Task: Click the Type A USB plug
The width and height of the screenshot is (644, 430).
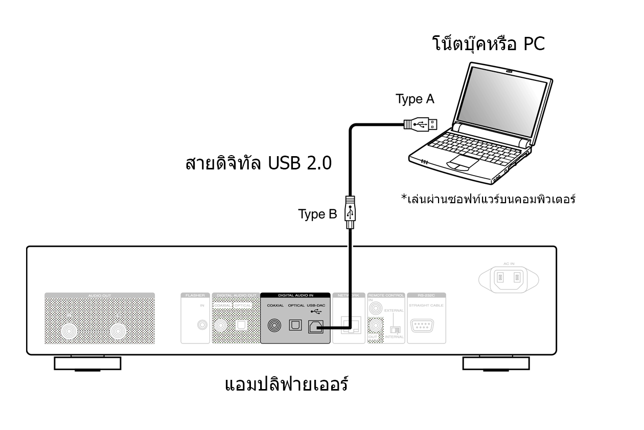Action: [x=421, y=123]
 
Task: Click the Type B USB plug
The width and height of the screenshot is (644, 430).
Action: [x=350, y=211]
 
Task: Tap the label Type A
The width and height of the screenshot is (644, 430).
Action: [x=415, y=99]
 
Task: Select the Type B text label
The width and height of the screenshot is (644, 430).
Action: [x=317, y=214]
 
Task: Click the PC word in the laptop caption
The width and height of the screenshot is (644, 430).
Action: [x=534, y=45]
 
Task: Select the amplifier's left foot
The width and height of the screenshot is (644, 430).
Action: [x=87, y=363]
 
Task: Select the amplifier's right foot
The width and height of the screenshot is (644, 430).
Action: [x=496, y=363]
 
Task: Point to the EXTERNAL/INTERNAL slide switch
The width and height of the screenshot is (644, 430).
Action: [x=395, y=330]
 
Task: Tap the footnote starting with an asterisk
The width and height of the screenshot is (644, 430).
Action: [x=488, y=199]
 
